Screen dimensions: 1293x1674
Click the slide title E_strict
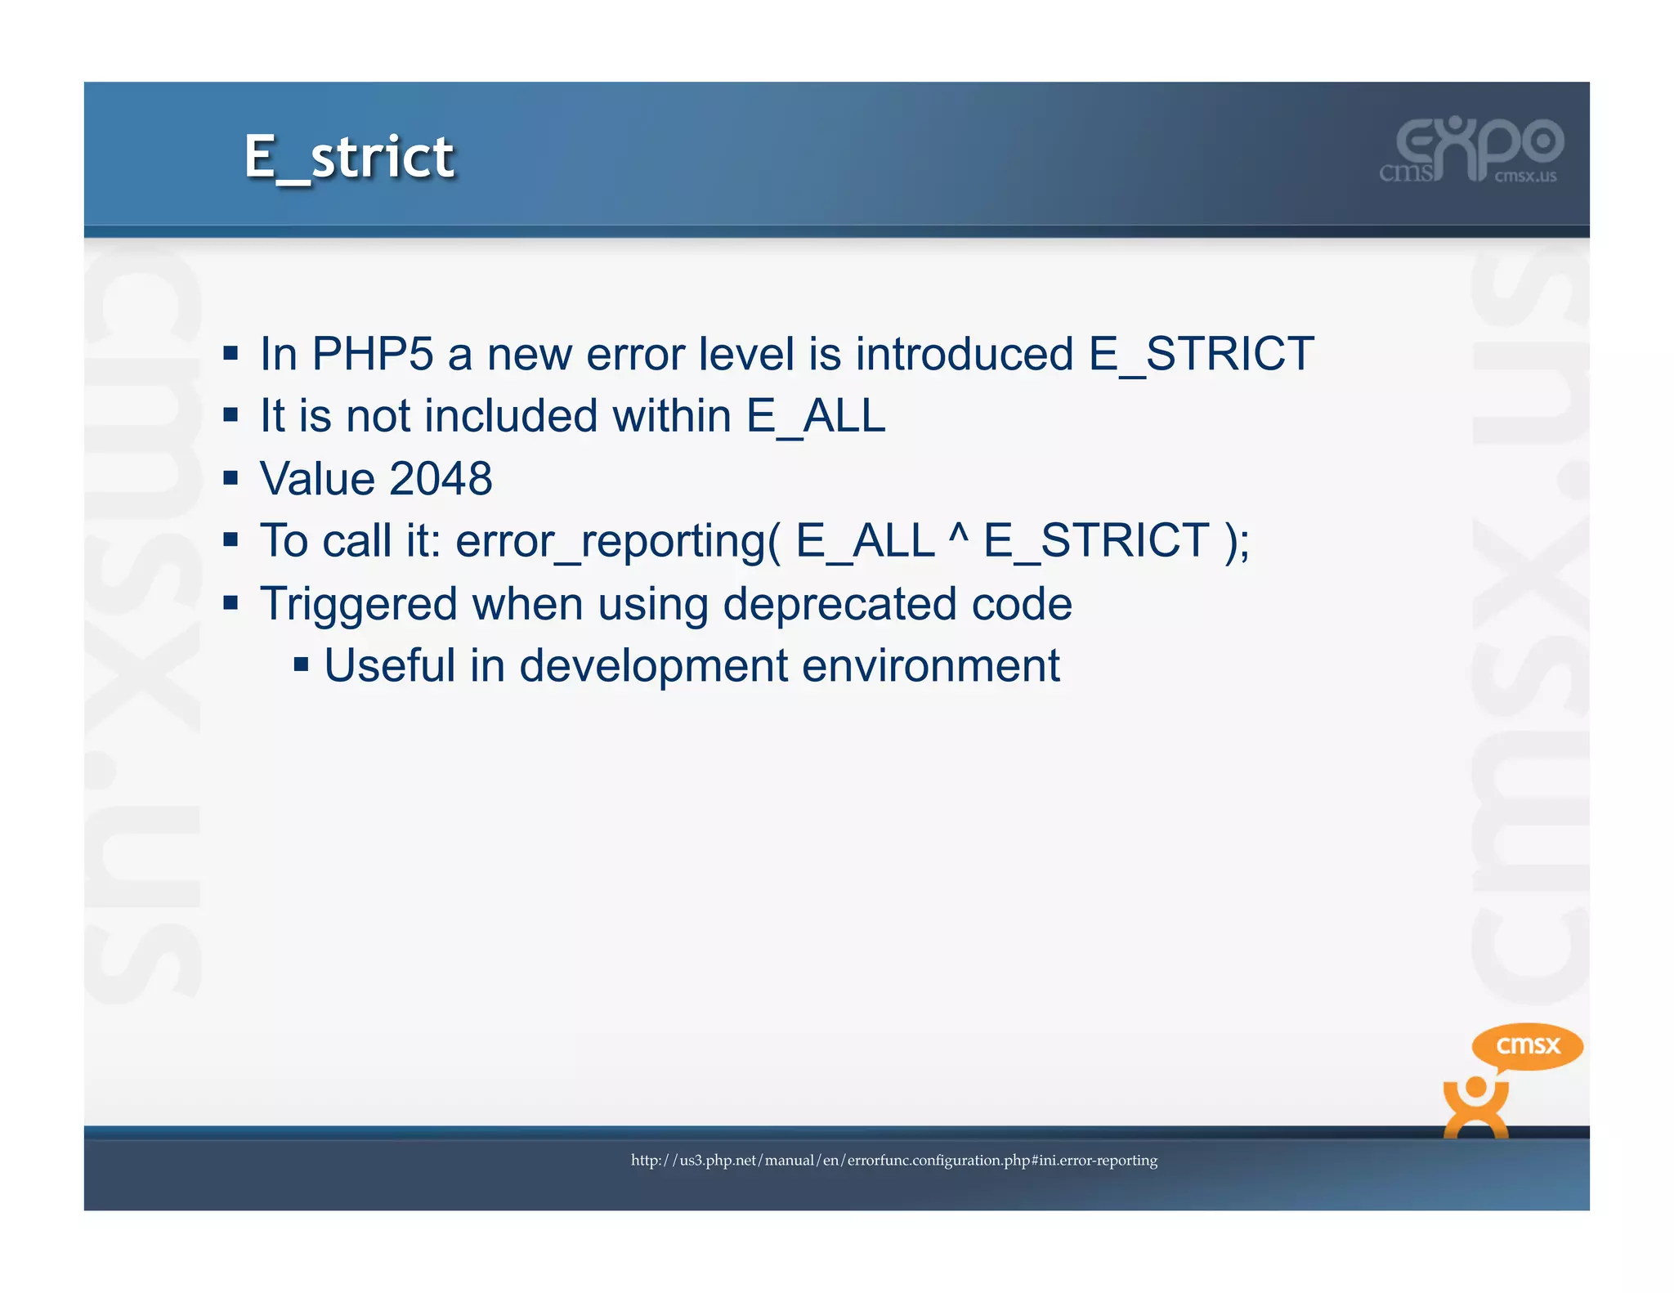[349, 157]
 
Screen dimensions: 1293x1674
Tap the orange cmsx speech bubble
[1527, 1046]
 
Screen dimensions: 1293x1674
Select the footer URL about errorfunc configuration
[893, 1161]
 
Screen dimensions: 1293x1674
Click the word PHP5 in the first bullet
[373, 354]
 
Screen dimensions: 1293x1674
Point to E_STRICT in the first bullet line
[1201, 354]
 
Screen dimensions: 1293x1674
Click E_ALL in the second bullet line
[816, 416]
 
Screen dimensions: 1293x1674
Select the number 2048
[441, 479]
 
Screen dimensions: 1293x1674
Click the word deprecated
[839, 604]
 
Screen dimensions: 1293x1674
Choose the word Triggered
[358, 604]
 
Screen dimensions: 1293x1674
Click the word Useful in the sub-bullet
[389, 665]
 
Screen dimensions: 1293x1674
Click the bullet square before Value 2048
[231, 478]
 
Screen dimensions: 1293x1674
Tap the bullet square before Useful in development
[301, 664]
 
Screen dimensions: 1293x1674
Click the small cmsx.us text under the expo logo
[1525, 177]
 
